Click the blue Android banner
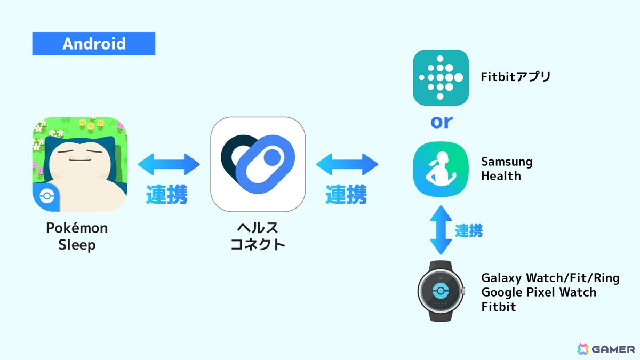[x=94, y=43]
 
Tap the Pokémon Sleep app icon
[x=79, y=164]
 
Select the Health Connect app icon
[x=258, y=164]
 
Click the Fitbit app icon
[x=441, y=77]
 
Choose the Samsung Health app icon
[x=441, y=170]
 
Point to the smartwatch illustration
[x=441, y=291]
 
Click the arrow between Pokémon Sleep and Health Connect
[x=169, y=164]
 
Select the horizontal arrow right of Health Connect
[x=347, y=164]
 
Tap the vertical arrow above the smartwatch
[x=441, y=230]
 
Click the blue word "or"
[x=442, y=122]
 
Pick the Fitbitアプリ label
[x=516, y=77]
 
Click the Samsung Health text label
[x=507, y=169]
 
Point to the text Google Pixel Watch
[x=539, y=292]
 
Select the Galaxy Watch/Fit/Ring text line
[x=550, y=278]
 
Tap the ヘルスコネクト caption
[x=258, y=236]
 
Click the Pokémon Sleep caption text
[x=77, y=236]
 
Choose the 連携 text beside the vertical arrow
[x=469, y=230]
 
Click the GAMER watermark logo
[x=606, y=349]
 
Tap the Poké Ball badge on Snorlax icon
[x=47, y=196]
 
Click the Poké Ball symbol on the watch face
[x=441, y=291]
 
